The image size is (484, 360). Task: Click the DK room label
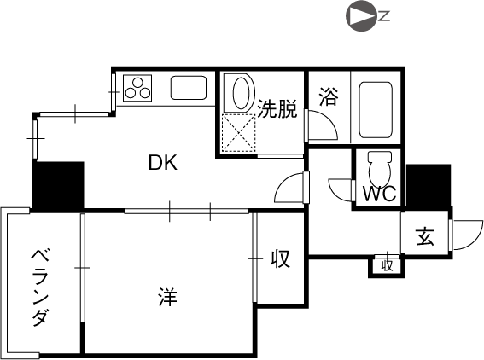tap(163, 163)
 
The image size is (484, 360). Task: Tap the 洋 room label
tap(168, 297)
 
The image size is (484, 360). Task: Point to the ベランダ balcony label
tap(40, 287)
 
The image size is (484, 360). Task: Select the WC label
tap(379, 194)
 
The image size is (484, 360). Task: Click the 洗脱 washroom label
tap(277, 108)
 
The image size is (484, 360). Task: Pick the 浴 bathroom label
tap(329, 96)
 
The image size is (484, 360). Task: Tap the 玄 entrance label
tap(425, 237)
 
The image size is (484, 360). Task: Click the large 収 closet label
tap(280, 258)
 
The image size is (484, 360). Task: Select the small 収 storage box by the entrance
tap(387, 266)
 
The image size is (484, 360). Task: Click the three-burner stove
tap(137, 88)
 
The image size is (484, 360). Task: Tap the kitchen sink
tap(189, 88)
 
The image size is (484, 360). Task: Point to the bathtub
tap(376, 110)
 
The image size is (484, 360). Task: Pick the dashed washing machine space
tap(239, 133)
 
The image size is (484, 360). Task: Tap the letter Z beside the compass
tap(385, 16)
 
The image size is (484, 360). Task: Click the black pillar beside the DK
tap(58, 185)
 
